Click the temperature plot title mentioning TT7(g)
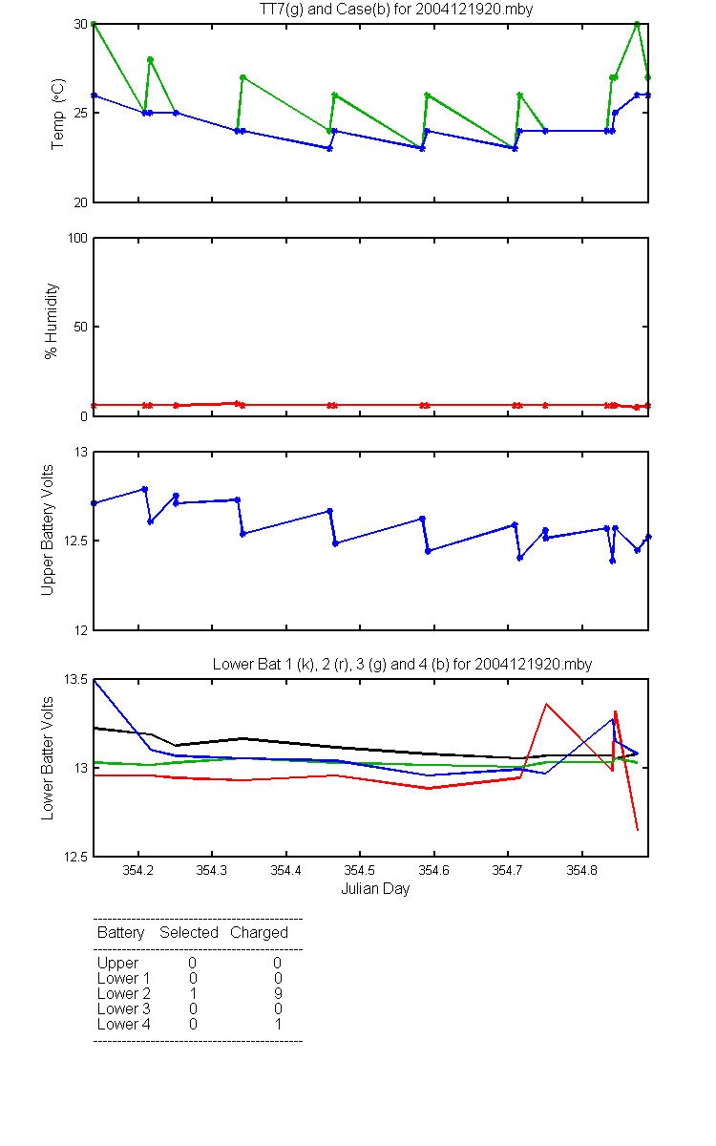tap(396, 10)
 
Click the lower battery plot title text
tap(402, 664)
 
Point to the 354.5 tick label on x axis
tap(360, 870)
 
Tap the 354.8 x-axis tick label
tap(582, 870)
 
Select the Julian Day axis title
tap(375, 889)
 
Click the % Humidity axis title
tap(51, 321)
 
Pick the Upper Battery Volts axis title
tap(47, 530)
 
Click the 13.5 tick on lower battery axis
tap(75, 679)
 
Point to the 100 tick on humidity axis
tap(77, 238)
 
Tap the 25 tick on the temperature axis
tap(81, 113)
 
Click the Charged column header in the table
tap(259, 933)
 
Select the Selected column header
tap(189, 932)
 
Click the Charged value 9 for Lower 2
tap(278, 993)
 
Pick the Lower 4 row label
tap(124, 1024)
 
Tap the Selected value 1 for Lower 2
tap(193, 993)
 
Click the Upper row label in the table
tap(117, 964)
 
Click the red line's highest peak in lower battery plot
tap(546, 704)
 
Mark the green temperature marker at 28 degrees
tap(151, 60)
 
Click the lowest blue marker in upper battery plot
tap(613, 562)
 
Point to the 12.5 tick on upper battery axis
tap(75, 541)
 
